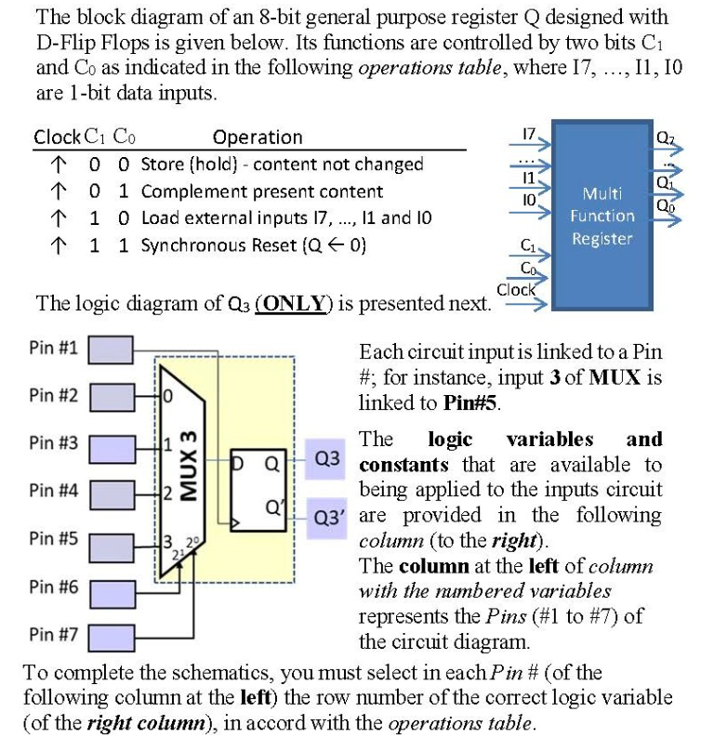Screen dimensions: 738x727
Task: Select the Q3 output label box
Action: point(328,458)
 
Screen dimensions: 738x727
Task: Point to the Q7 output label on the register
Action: point(667,140)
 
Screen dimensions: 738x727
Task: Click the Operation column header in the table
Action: point(258,138)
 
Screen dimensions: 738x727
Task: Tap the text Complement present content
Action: point(261,191)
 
